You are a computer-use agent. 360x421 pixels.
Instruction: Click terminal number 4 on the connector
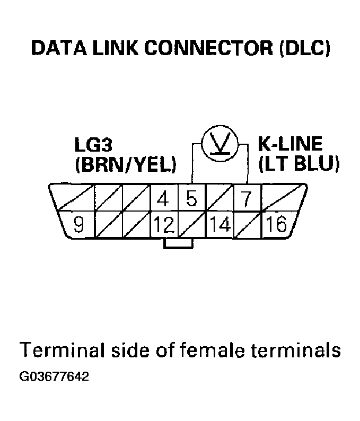(164, 199)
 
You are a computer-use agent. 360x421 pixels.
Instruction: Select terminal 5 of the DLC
(191, 199)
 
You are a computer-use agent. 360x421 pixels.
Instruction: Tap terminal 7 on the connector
(246, 199)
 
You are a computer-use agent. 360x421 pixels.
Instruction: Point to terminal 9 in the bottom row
(79, 225)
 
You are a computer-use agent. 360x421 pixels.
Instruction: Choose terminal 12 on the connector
(164, 225)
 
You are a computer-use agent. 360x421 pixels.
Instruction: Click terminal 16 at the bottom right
(277, 225)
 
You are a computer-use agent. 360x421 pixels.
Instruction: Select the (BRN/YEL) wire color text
(125, 165)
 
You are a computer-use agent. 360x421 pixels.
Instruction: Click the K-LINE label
(289, 144)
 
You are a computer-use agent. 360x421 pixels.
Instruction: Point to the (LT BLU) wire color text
(298, 164)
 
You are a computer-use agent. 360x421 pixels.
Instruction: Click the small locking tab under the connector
(178, 244)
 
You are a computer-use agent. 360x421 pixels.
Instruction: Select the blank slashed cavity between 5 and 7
(219, 199)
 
